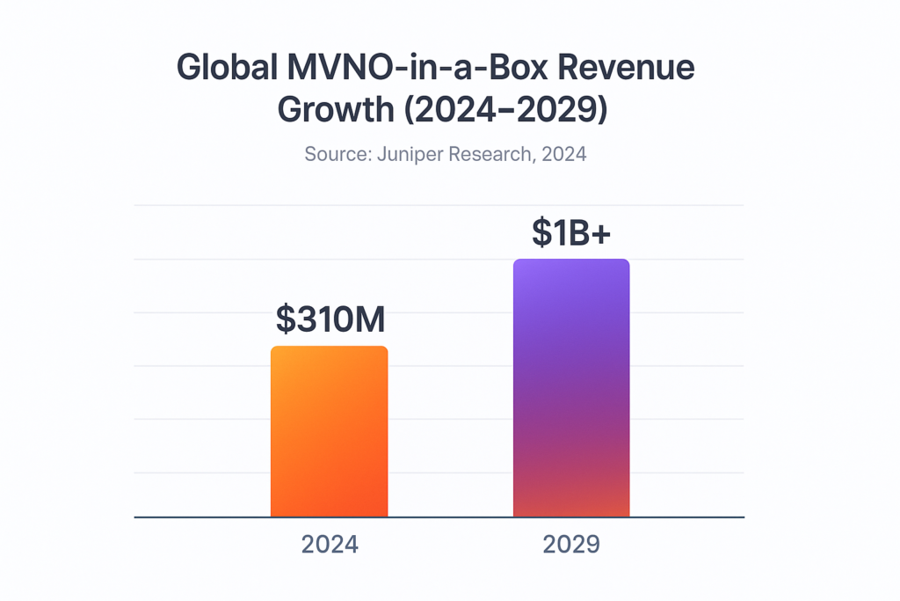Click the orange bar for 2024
click(329, 431)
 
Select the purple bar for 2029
click(571, 387)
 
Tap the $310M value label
click(330, 319)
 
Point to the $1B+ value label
click(571, 231)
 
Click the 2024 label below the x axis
click(330, 545)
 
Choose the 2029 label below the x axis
click(571, 545)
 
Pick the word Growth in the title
click(335, 112)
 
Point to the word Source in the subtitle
click(337, 155)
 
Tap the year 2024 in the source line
click(564, 155)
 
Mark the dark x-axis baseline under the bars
click(439, 517)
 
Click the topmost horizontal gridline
click(439, 205)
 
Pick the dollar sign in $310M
click(286, 319)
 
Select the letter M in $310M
click(369, 319)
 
